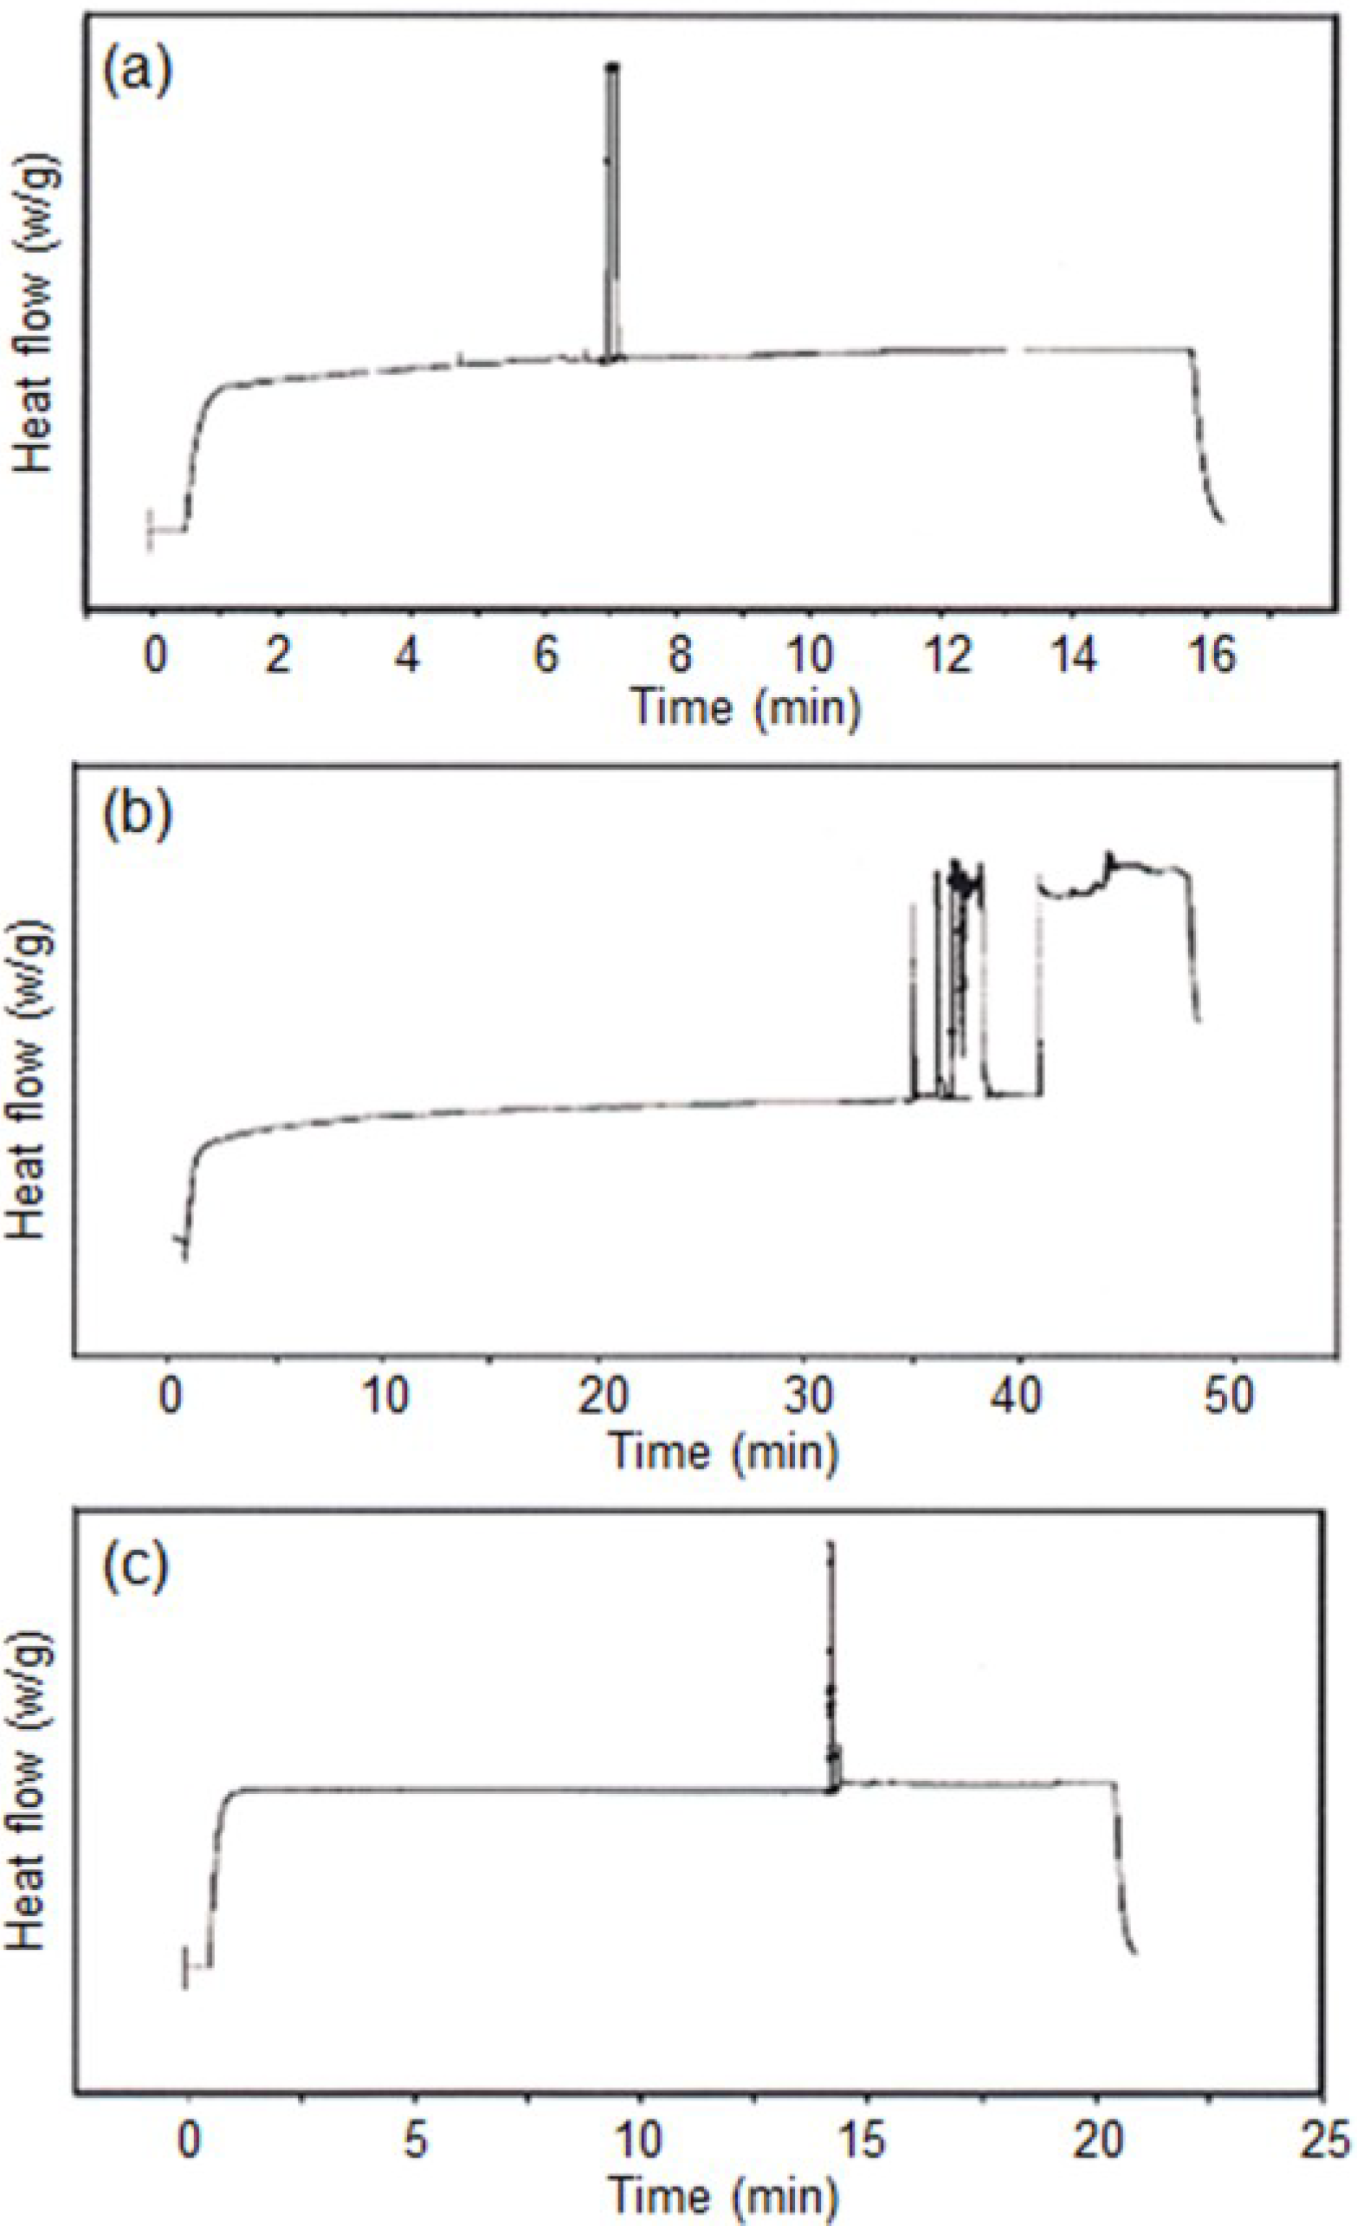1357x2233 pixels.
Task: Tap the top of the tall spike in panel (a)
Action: click(614, 67)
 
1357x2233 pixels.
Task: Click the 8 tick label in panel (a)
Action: click(680, 655)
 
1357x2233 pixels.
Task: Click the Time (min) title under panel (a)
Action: click(745, 706)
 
